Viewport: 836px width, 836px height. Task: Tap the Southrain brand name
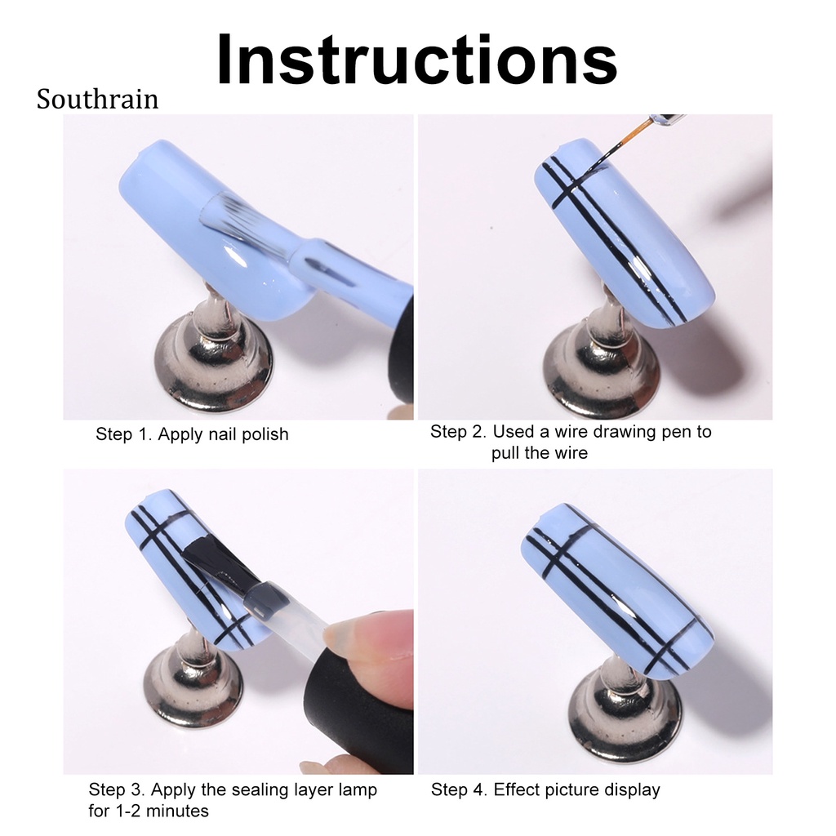coord(97,100)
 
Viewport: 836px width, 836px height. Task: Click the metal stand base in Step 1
coord(214,363)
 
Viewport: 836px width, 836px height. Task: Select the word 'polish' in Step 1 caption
coord(262,434)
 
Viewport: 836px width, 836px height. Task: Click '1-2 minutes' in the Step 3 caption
coord(149,811)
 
